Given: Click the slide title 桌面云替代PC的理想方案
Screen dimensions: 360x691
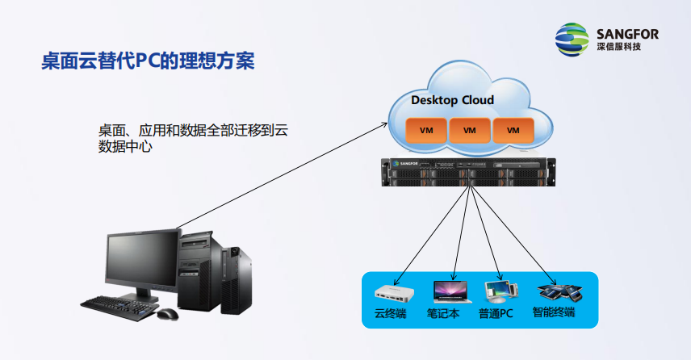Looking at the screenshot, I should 149,62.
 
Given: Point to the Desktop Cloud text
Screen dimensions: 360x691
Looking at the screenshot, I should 452,101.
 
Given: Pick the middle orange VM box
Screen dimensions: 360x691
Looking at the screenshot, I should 469,129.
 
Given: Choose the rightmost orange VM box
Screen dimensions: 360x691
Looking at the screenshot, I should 513,129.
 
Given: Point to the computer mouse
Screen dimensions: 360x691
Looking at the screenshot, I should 168,313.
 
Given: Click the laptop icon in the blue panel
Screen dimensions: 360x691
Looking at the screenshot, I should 450,291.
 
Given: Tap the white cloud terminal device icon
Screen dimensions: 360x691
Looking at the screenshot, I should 393,292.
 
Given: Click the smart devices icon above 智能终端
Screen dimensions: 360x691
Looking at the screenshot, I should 558,290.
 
